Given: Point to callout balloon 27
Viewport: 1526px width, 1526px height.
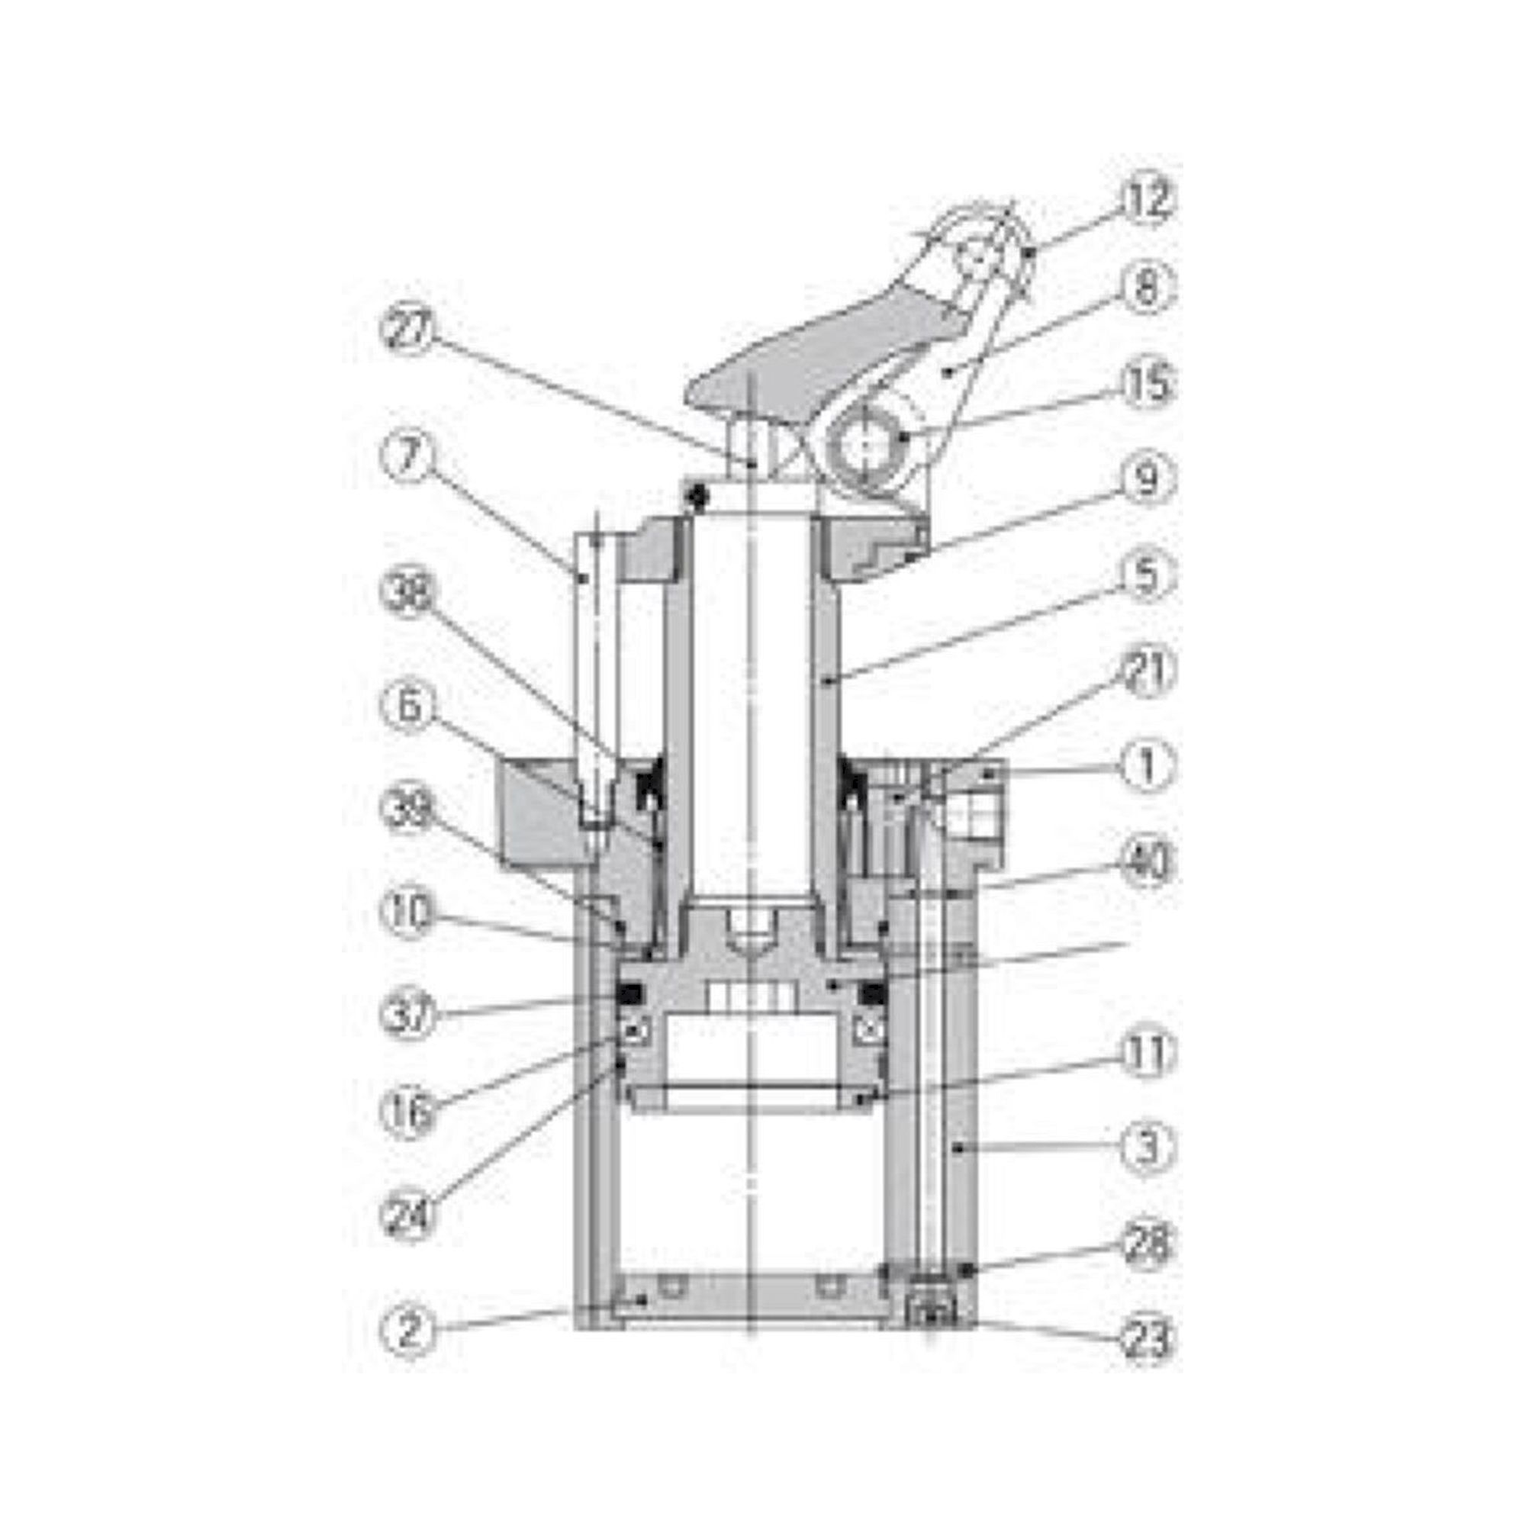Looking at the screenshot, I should point(408,331).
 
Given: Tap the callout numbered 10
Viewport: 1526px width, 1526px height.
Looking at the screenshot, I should point(408,916).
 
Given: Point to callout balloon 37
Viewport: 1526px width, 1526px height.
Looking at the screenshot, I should point(408,1013).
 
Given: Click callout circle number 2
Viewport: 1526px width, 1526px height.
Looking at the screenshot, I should point(408,1331).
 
